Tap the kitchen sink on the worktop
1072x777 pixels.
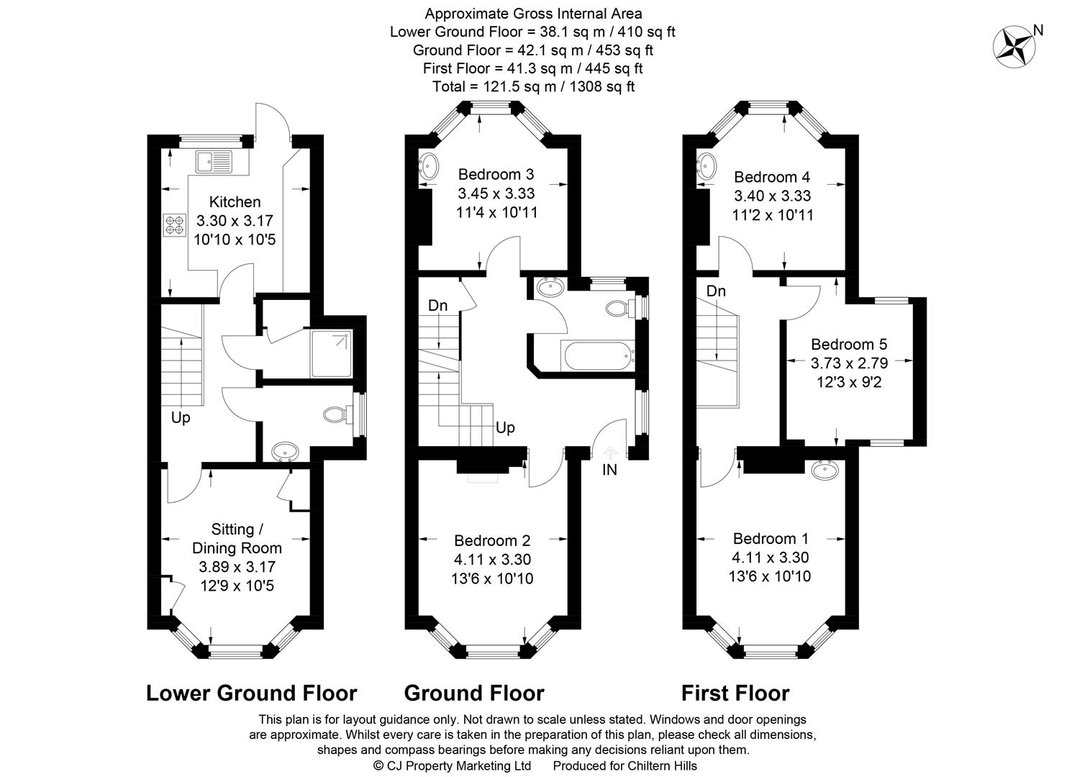tap(212, 161)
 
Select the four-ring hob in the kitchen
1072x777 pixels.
tap(173, 224)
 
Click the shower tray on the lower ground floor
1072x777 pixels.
tap(331, 354)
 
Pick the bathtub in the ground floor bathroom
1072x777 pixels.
tap(597, 355)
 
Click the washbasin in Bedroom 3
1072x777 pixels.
tap(430, 166)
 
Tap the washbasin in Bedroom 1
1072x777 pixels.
tap(824, 471)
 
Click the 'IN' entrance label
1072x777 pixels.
tap(609, 471)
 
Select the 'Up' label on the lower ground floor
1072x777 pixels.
tap(181, 417)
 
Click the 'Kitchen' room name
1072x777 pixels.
tap(235, 202)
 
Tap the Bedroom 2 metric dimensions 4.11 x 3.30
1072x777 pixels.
tap(493, 560)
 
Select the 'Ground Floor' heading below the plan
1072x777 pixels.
tap(474, 693)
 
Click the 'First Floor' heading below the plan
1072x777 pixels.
tap(735, 693)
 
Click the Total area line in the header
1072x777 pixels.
tap(533, 87)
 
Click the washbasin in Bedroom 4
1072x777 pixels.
tap(705, 167)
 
